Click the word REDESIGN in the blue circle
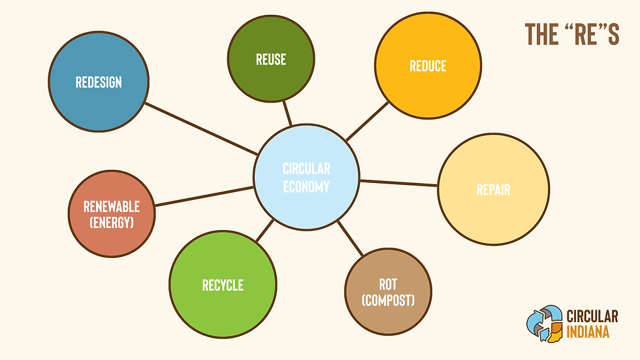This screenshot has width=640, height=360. click(99, 83)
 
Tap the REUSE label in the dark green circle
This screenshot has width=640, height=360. click(271, 59)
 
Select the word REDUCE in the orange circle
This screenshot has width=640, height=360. click(428, 66)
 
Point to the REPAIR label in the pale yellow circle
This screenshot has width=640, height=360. click(493, 191)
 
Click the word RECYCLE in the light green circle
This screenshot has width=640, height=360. click(223, 286)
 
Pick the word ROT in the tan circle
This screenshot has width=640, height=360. click(388, 284)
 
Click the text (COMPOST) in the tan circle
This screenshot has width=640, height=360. click(388, 301)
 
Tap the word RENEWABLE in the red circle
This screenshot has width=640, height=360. click(112, 207)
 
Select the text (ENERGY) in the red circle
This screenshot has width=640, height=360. click(112, 223)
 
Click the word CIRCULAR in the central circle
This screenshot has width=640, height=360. click(306, 169)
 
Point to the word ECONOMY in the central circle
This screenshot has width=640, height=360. click(306, 186)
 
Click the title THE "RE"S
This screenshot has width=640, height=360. click(571, 35)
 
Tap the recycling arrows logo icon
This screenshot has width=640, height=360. click(544, 324)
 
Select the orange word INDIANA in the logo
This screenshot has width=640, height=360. click(588, 332)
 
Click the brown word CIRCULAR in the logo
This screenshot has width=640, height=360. click(593, 316)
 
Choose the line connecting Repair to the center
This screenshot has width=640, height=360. click(398, 183)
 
